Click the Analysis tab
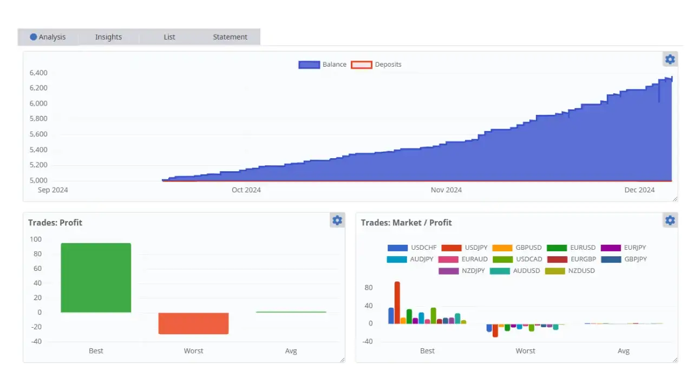coord(48,37)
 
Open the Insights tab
coord(108,37)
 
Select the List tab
coord(169,37)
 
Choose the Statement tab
coord(230,37)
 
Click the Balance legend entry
coord(323,64)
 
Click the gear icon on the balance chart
coord(670,60)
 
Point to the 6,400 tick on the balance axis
coord(38,73)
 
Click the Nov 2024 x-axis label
coord(446,190)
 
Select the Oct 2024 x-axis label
coord(246,190)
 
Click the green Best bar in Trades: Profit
coord(96,277)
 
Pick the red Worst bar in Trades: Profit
coord(193,323)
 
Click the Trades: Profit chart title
coord(55,223)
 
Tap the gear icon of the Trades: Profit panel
coord(337,220)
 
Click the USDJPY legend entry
coord(465,248)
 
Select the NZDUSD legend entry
coord(570,271)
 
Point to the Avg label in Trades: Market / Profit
coord(624,351)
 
